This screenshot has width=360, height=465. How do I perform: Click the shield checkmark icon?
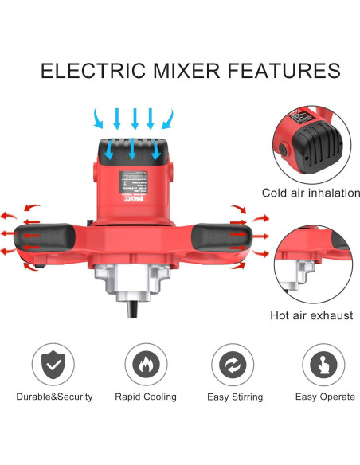coord(54,365)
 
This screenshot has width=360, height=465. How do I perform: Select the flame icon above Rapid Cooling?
coord(145,365)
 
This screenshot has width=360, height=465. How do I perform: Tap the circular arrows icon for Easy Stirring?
coord(233,365)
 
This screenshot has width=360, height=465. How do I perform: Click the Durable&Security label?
coord(54,397)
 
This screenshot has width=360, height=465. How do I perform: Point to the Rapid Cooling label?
coord(145,397)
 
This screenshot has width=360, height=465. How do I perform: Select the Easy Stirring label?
coord(233,397)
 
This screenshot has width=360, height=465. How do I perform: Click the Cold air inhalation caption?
coord(311,193)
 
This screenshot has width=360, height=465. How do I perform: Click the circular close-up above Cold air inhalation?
coord(315,139)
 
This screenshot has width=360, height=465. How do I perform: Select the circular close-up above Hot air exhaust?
coord(315,263)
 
